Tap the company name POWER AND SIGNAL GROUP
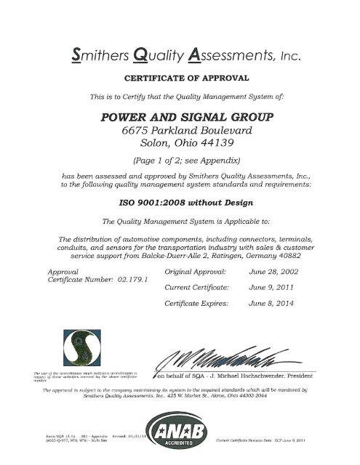pyautogui.click(x=180, y=116)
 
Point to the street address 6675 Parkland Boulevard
pyautogui.click(x=180, y=132)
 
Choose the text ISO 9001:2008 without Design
pyautogui.click(x=180, y=204)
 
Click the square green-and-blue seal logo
pyautogui.click(x=66, y=348)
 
